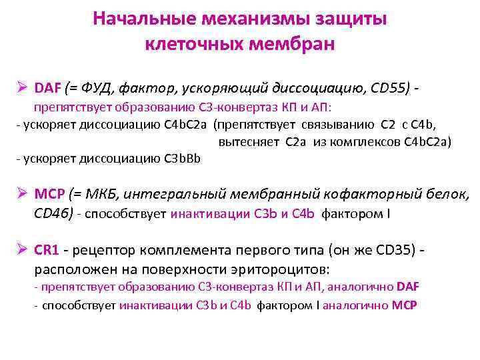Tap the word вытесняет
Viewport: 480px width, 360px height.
click(x=249, y=141)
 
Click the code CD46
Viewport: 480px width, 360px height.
click(x=53, y=214)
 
